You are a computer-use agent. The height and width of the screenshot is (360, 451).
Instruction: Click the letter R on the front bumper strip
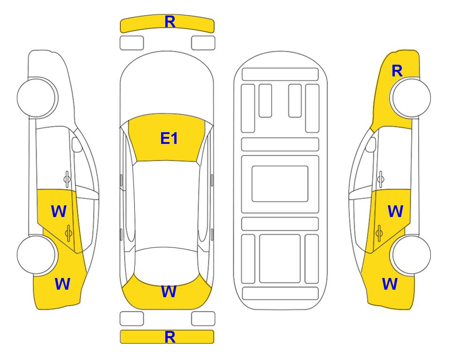(x=170, y=22)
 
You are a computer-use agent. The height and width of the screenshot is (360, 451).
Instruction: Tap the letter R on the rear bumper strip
(x=170, y=337)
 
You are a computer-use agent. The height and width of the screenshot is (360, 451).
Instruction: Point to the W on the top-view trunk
(x=169, y=291)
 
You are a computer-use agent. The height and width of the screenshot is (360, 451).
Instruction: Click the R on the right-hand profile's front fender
(x=397, y=71)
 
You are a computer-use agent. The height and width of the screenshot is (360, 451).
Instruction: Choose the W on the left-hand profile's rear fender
(x=62, y=284)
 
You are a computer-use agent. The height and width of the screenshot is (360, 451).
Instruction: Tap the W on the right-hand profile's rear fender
(x=390, y=284)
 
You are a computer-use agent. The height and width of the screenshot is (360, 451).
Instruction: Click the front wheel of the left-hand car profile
(x=36, y=97)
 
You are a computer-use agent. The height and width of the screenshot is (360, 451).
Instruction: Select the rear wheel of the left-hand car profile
(x=36, y=255)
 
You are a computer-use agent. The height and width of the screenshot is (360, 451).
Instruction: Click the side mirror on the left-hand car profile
(x=77, y=144)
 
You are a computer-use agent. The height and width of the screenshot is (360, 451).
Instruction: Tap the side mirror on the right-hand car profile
(x=370, y=144)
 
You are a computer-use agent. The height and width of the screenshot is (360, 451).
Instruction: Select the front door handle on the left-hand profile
(x=67, y=179)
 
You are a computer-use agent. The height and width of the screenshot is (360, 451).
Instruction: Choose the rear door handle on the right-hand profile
(x=379, y=233)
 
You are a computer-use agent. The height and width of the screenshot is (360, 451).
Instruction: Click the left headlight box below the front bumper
(x=132, y=43)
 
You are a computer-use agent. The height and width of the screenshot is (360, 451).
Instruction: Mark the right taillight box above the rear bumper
(x=203, y=319)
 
